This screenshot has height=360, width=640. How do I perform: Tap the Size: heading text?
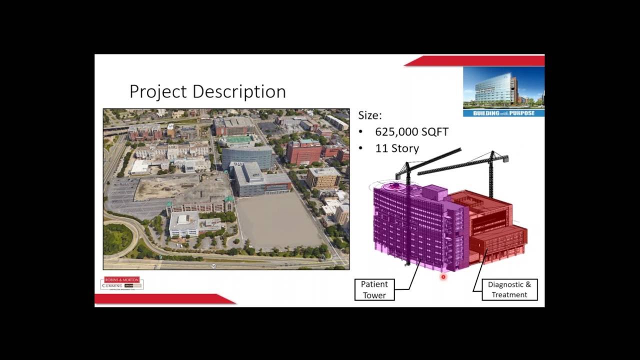(x=369, y=115)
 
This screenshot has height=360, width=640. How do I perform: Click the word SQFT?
(x=432, y=132)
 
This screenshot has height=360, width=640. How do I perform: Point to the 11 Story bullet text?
(x=397, y=148)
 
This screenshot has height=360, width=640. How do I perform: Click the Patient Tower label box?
(x=374, y=289)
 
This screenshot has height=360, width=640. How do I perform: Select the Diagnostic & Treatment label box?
(x=509, y=289)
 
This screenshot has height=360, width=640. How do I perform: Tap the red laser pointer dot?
(x=443, y=276)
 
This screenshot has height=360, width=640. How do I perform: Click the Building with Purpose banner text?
(x=503, y=113)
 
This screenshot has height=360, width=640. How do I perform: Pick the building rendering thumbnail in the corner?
(x=503, y=88)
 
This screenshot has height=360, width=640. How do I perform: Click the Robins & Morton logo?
(x=121, y=283)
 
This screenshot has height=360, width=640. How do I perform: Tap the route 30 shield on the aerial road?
(x=214, y=266)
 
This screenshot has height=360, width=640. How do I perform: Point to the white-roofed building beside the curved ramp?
(x=183, y=223)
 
